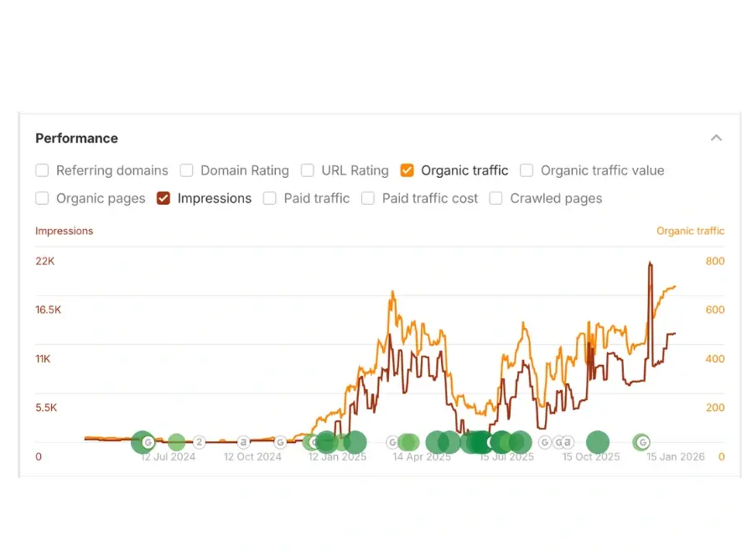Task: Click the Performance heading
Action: tap(76, 138)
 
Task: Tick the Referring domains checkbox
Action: tap(42, 171)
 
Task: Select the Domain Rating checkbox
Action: tap(186, 171)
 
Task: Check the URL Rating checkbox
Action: tap(308, 171)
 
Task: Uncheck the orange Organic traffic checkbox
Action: tap(407, 171)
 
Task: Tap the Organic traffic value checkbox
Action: tap(527, 171)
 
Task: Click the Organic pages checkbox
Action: tap(42, 199)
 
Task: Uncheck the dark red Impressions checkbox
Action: tap(163, 199)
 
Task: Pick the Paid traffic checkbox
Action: tap(270, 199)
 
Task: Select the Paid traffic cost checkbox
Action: tap(368, 199)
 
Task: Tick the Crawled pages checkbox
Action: tap(496, 199)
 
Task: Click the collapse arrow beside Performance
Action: tap(716, 138)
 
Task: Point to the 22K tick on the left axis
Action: tap(45, 262)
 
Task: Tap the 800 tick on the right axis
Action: tap(715, 262)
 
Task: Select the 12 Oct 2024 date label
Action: tap(252, 457)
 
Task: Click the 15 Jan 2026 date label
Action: tap(676, 457)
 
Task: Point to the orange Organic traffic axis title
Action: tap(690, 231)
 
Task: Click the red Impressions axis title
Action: tap(65, 231)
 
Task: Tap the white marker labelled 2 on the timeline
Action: tap(200, 442)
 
